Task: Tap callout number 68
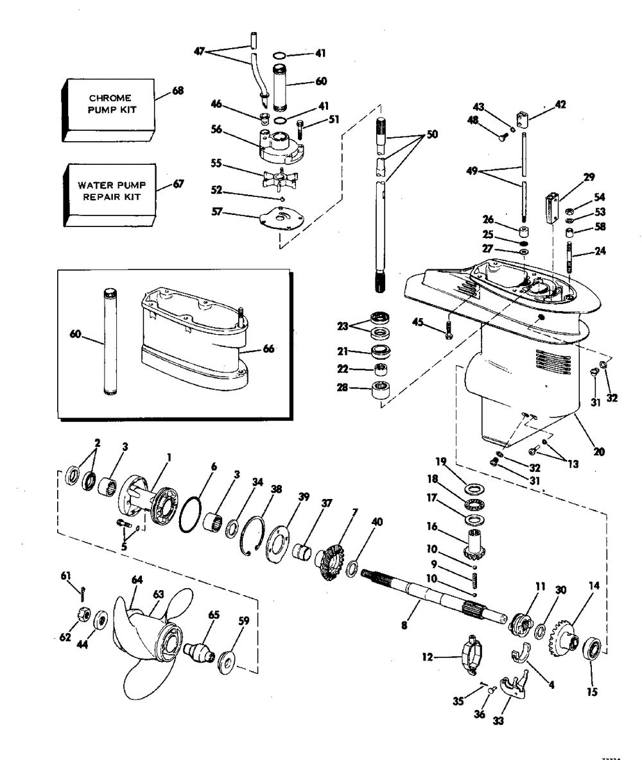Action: [178, 90]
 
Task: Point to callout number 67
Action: [178, 184]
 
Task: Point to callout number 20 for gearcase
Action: [599, 452]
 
